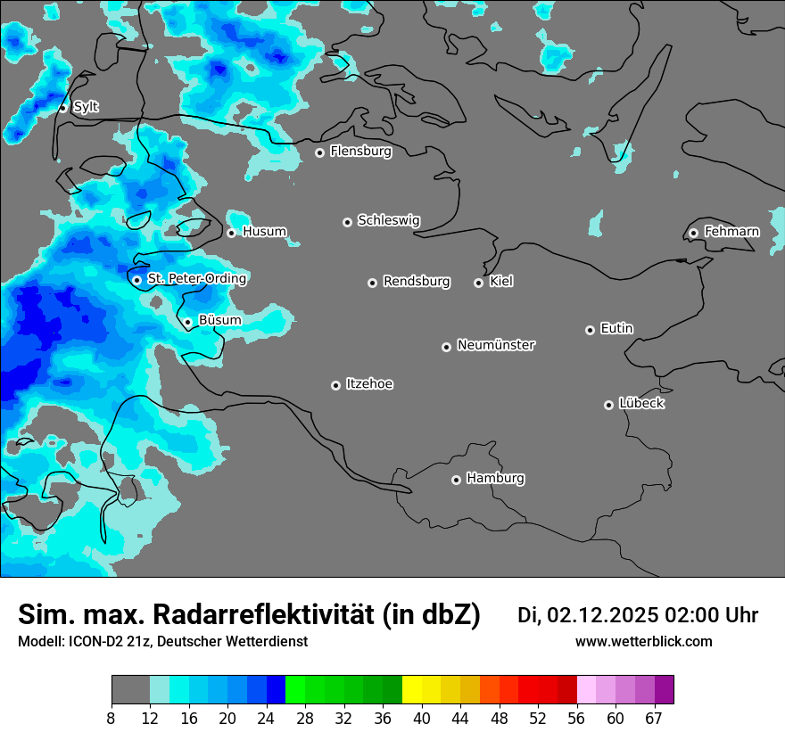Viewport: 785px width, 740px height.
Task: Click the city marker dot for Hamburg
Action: click(456, 480)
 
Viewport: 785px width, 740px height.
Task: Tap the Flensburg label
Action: click(360, 152)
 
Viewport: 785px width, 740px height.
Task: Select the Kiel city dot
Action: click(478, 283)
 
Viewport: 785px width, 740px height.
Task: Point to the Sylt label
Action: click(86, 107)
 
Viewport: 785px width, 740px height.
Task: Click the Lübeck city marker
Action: click(608, 405)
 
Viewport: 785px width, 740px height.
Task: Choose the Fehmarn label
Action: click(731, 232)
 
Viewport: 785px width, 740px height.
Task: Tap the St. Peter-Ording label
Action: click(196, 279)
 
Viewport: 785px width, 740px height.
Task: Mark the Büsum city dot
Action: click(187, 322)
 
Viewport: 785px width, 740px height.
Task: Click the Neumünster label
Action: click(496, 345)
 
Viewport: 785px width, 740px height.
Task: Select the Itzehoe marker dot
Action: click(335, 385)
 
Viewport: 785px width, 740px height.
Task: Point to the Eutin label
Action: click(616, 329)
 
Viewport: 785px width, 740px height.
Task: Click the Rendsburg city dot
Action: click(372, 283)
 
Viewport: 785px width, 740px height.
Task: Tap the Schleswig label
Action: click(388, 220)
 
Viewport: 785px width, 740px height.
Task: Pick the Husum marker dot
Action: click(231, 233)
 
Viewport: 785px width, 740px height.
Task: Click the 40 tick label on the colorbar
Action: click(422, 719)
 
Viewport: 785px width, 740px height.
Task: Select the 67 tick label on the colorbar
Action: click(653, 719)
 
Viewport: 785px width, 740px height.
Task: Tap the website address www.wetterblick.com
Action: click(643, 641)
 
